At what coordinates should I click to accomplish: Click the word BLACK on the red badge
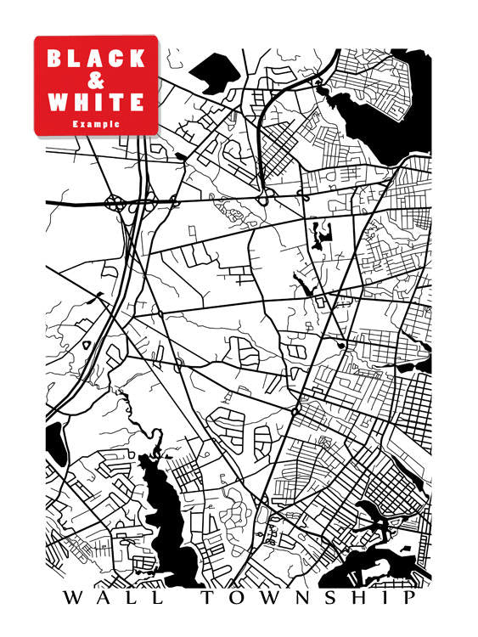coord(96,59)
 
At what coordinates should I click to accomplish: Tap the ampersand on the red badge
coord(96,81)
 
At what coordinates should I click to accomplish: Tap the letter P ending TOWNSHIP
coord(411,598)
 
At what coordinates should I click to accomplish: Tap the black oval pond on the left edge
coord(54,442)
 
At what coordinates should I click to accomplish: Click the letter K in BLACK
coord(138,59)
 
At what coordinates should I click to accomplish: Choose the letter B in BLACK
coord(54,59)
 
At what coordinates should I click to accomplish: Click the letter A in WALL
coord(102,598)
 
